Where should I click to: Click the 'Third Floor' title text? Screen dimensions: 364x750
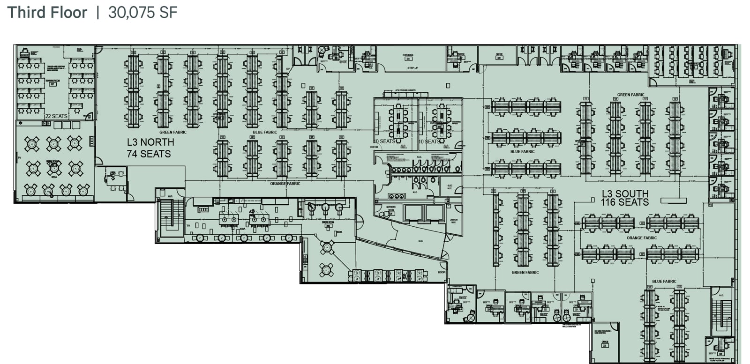click(x=47, y=13)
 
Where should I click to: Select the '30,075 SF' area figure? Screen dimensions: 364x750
click(x=142, y=13)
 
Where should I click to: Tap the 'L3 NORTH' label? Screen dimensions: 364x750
click(x=150, y=142)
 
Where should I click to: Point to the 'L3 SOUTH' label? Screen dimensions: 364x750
click(x=625, y=193)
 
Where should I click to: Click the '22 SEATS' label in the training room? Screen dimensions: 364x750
click(x=56, y=116)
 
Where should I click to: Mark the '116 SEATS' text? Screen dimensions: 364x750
click(x=625, y=202)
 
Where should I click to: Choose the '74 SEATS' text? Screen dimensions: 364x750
click(x=149, y=154)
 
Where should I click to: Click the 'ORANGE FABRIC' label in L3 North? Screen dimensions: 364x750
click(x=285, y=184)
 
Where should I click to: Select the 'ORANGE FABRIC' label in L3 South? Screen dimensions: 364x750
click(x=642, y=238)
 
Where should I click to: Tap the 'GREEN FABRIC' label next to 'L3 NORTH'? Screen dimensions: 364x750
click(x=173, y=132)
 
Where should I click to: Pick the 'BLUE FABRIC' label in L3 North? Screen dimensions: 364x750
click(x=265, y=132)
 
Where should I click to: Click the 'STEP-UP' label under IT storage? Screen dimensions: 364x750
click(x=412, y=68)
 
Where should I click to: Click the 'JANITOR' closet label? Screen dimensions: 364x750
click(x=453, y=221)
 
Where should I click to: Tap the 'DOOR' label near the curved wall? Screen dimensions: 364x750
click(x=442, y=272)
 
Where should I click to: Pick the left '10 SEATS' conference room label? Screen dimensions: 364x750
click(x=384, y=141)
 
